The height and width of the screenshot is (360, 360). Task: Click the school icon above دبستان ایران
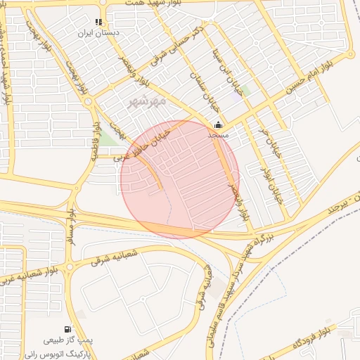tap(108, 22)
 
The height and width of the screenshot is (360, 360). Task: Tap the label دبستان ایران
tap(117, 32)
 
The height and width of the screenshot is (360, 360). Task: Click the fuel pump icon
tap(67, 329)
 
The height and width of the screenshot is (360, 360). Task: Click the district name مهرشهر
tap(148, 102)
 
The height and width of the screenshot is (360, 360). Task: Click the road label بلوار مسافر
tap(70, 224)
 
